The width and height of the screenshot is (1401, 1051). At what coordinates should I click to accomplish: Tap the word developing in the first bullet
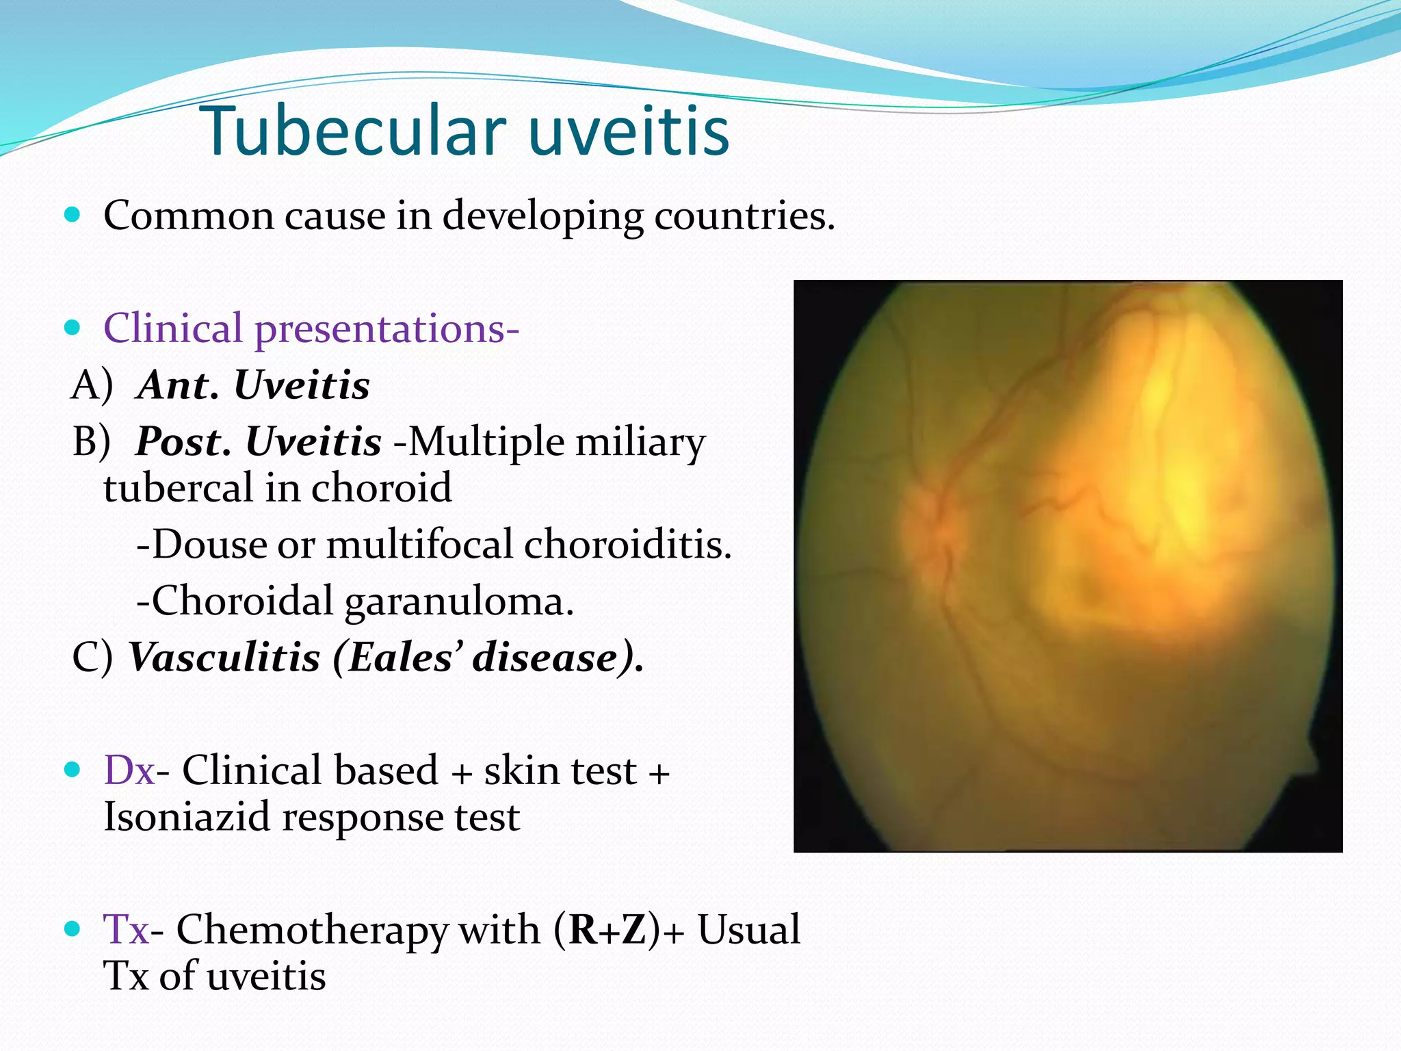pos(542,216)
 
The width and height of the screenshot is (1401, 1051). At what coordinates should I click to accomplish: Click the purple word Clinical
pos(173,328)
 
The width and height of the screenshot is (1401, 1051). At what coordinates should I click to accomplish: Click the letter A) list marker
pos(92,385)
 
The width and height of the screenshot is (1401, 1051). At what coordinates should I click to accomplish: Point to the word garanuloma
pos(458,602)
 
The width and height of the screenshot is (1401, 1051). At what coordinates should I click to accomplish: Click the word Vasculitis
pos(224,658)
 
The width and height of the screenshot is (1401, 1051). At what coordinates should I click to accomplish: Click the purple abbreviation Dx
pos(129,770)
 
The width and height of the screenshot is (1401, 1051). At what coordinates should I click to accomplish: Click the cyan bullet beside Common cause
pos(72,216)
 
